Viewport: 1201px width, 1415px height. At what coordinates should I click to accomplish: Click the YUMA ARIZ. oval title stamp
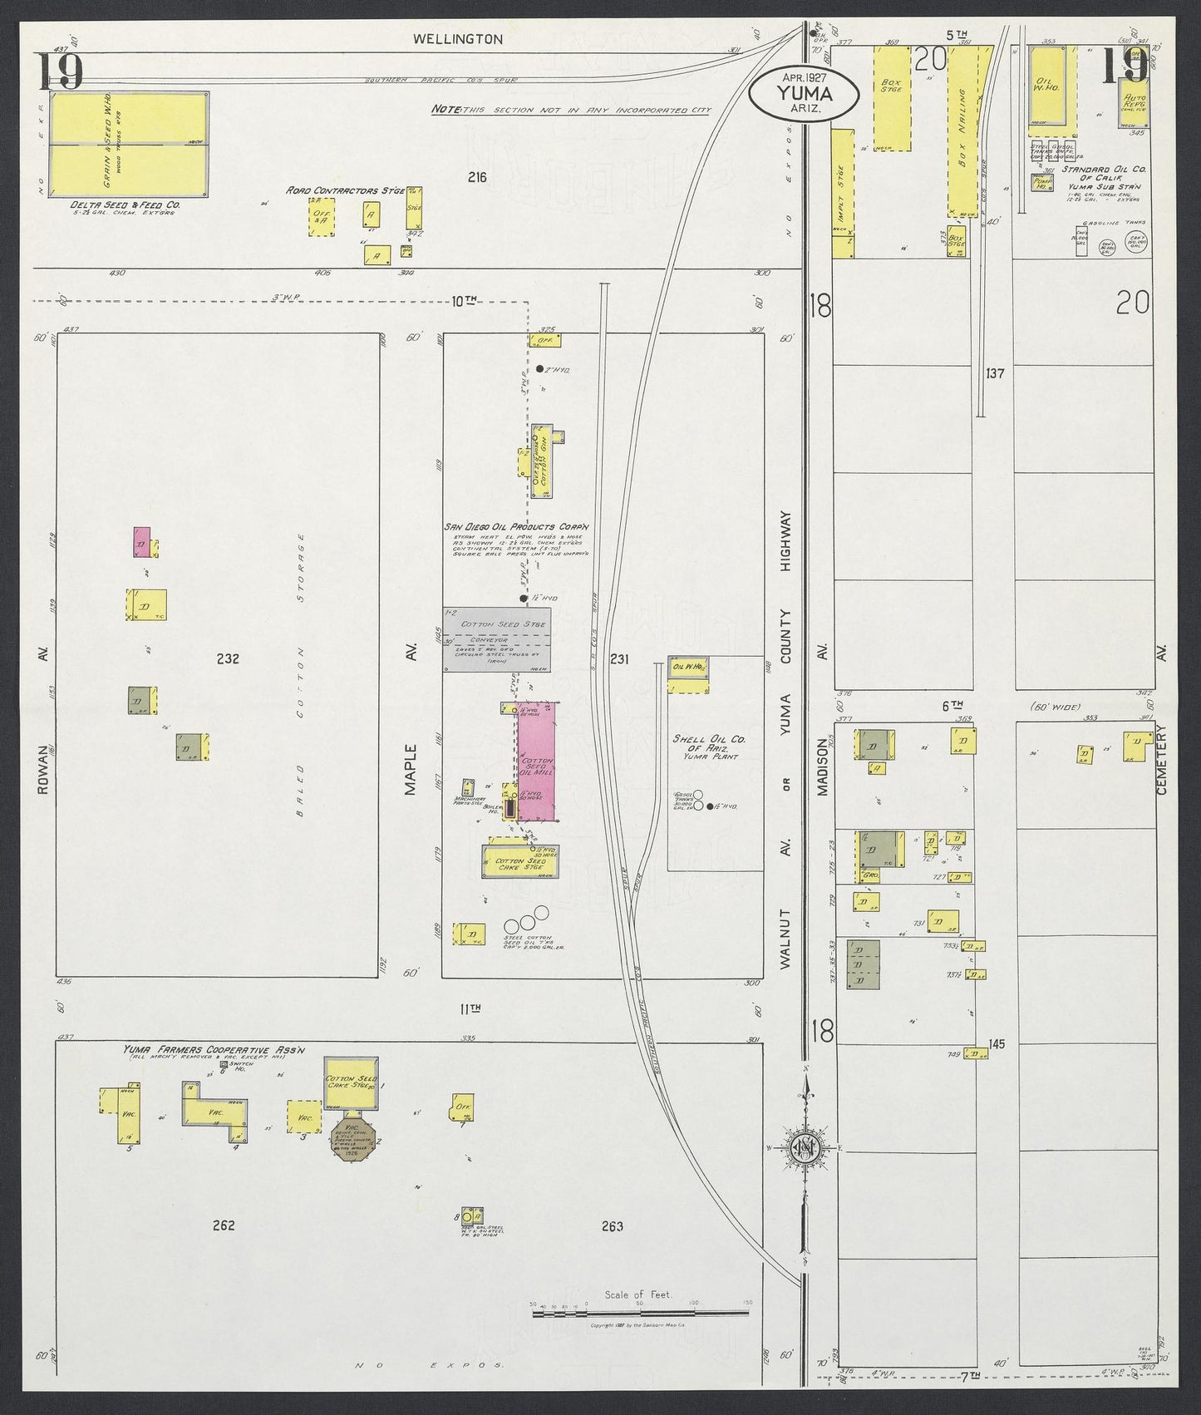click(803, 93)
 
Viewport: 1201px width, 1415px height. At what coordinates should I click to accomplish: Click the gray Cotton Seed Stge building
click(495, 638)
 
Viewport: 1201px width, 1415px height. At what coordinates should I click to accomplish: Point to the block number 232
click(228, 658)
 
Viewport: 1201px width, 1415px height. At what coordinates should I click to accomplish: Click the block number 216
click(476, 177)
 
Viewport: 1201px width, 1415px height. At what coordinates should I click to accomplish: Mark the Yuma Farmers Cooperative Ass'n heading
click(214, 1050)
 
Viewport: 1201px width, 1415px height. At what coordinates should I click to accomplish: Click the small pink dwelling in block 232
click(141, 541)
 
